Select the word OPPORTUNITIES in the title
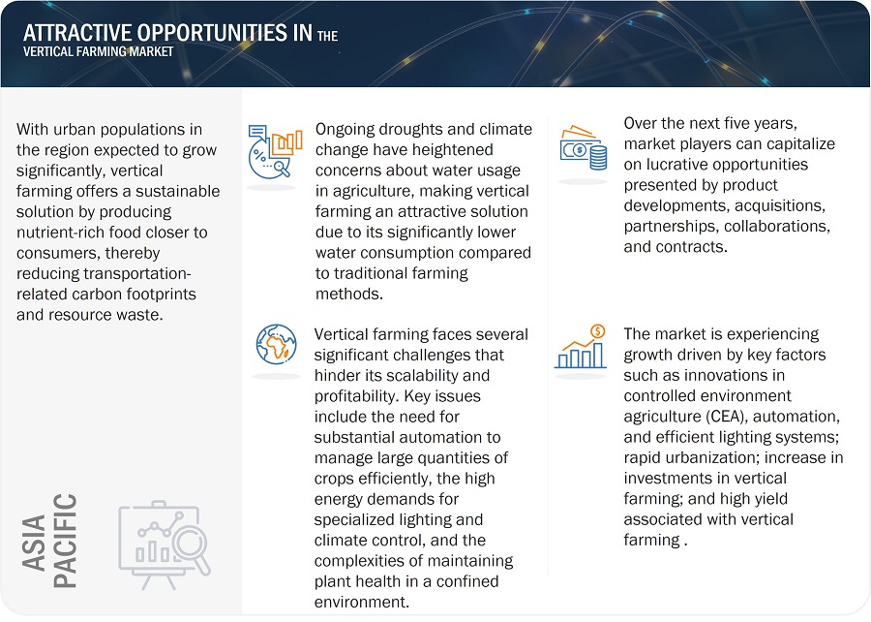pyautogui.click(x=212, y=33)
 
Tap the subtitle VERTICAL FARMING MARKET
pyautogui.click(x=99, y=51)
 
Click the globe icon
pyautogui.click(x=276, y=345)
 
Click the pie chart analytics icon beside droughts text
pyautogui.click(x=275, y=152)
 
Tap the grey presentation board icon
pyautogui.click(x=165, y=544)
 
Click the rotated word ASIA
pyautogui.click(x=34, y=543)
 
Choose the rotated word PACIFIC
pyautogui.click(x=65, y=541)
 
